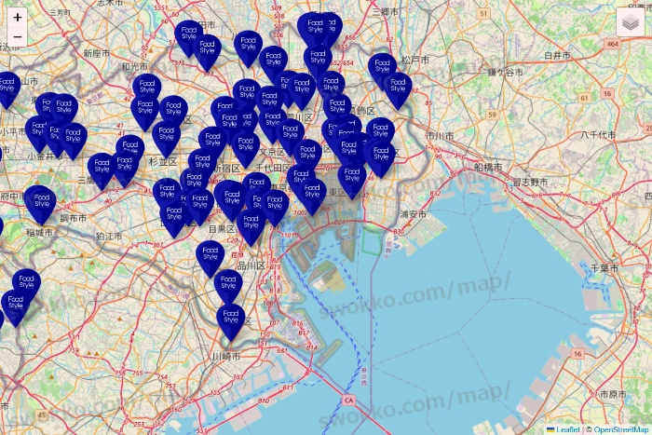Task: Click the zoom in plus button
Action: (x=18, y=17)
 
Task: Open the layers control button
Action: (x=631, y=21)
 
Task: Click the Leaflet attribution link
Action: (x=566, y=429)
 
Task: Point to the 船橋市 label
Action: (x=487, y=167)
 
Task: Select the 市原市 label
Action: (x=613, y=395)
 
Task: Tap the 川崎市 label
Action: (x=225, y=357)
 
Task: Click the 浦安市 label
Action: (x=413, y=214)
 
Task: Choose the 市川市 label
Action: (x=439, y=136)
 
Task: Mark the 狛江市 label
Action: (x=108, y=237)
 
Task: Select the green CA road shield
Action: (x=348, y=401)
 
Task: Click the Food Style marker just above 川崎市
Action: (x=231, y=318)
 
